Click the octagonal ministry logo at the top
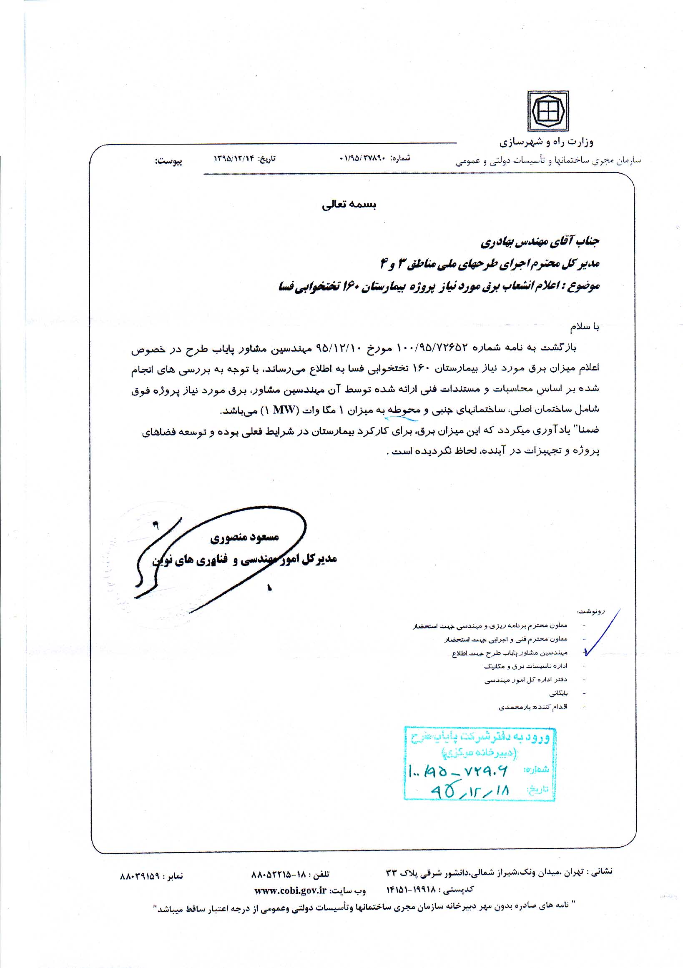547,111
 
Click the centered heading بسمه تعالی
349,205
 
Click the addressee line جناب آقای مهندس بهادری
540,242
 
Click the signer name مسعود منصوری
245,537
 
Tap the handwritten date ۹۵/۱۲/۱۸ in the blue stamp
470,790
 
